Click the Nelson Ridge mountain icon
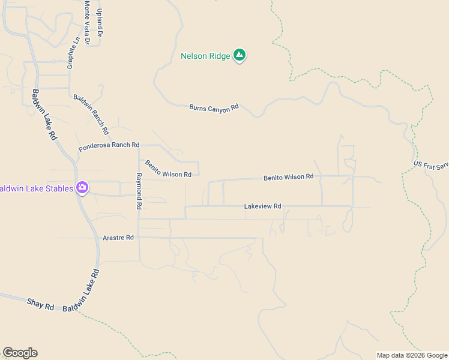(240, 56)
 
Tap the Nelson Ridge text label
(205, 56)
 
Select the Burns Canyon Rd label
(214, 108)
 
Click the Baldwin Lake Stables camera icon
(82, 188)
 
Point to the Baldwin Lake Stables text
(36, 188)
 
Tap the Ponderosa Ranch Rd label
(109, 146)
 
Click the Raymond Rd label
(139, 191)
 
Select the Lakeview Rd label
(262, 206)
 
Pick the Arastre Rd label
(118, 238)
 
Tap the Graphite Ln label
(74, 53)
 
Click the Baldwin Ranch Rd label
(91, 114)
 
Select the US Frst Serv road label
(431, 165)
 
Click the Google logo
(20, 353)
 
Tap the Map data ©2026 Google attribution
(412, 355)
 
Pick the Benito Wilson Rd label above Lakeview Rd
(288, 177)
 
